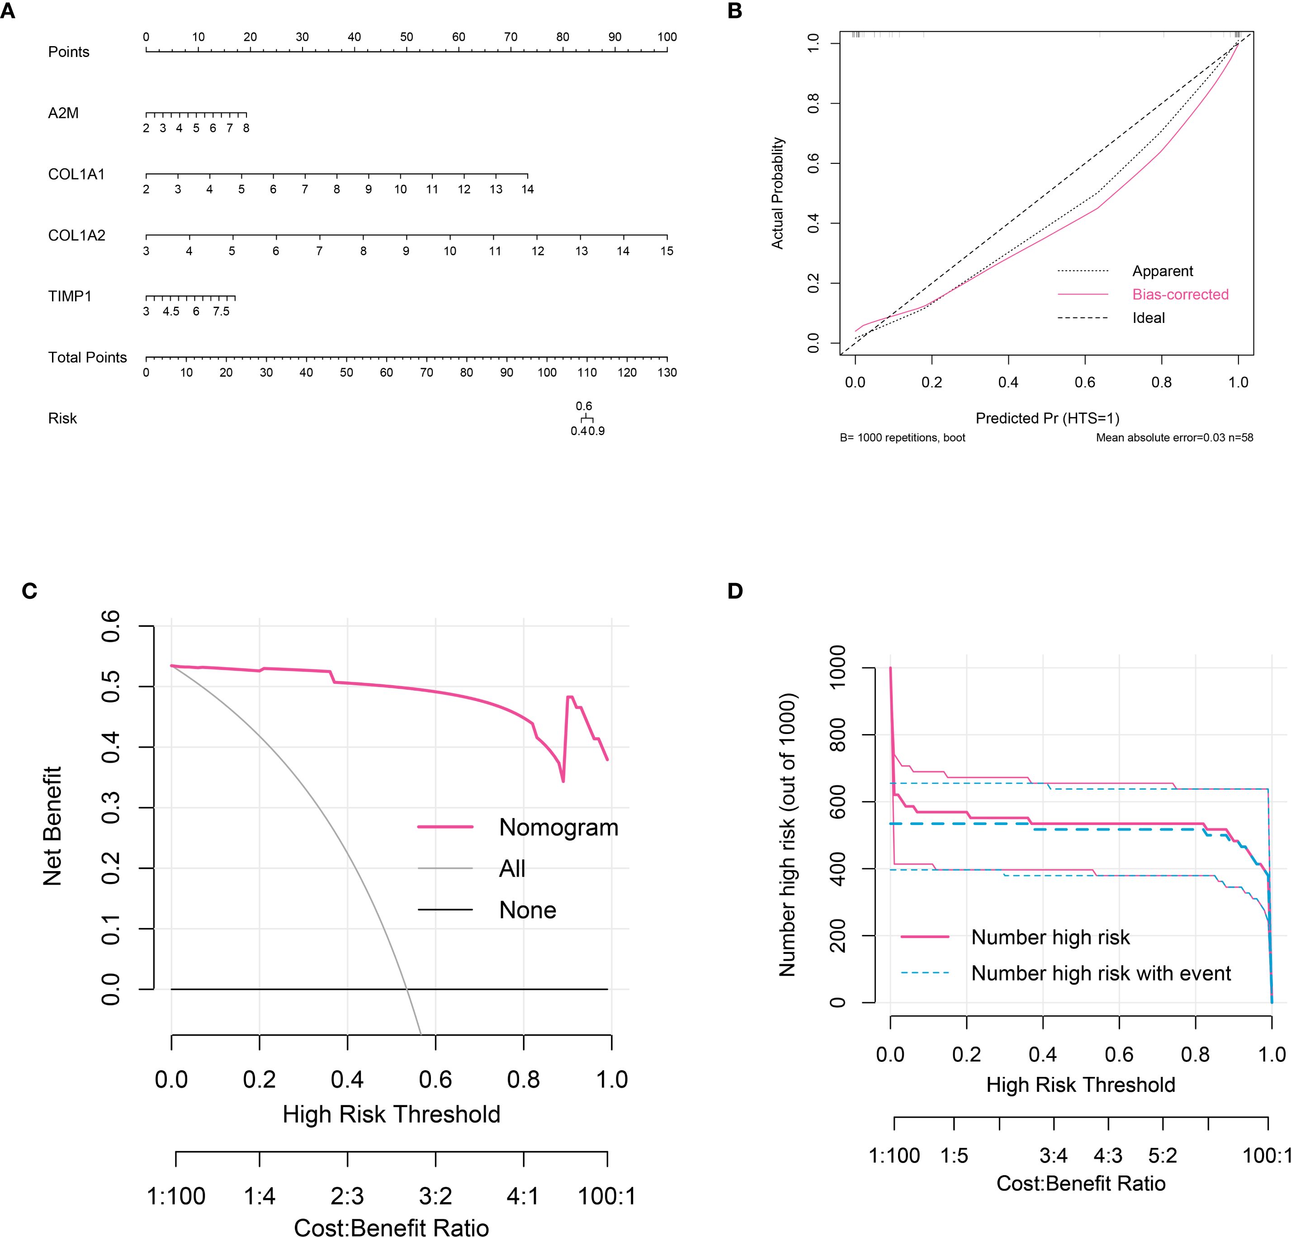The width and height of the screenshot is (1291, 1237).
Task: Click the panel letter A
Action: tap(7, 11)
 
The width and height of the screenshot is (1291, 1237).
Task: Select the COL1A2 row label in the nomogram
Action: tap(76, 236)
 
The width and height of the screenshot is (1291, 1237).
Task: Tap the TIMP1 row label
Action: tap(70, 296)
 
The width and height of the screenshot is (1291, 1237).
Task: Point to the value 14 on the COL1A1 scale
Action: tap(527, 190)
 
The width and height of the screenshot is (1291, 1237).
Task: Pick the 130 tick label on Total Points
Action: tap(667, 373)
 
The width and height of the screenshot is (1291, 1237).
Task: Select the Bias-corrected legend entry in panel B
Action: tap(1180, 294)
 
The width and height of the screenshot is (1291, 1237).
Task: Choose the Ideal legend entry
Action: tap(1149, 318)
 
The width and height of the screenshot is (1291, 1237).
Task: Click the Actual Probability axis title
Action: tap(778, 193)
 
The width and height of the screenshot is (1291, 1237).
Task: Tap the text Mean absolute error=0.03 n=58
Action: tap(1174, 437)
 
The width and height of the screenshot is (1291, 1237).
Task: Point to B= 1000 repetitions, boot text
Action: tap(903, 437)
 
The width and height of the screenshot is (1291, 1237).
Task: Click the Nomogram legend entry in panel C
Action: tap(558, 827)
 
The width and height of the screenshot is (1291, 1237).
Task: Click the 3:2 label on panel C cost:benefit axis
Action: tap(435, 1195)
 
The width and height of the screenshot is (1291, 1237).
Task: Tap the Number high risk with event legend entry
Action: tap(1101, 973)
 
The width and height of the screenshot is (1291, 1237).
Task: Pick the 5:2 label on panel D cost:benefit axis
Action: tap(1163, 1155)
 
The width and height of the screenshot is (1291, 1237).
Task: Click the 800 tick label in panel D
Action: tap(837, 735)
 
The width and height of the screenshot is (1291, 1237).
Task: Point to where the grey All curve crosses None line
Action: tap(407, 989)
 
